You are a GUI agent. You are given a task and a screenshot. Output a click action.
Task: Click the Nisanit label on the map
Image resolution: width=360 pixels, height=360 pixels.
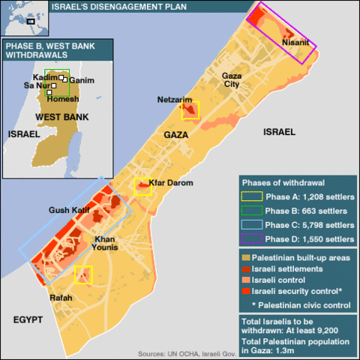click(295, 43)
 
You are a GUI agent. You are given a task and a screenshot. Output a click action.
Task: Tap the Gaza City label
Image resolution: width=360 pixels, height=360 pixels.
click(232, 80)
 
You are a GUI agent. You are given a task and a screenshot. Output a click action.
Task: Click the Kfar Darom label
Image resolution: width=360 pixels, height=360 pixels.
click(171, 183)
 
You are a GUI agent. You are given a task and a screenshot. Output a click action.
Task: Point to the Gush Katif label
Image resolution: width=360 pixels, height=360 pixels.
click(69, 210)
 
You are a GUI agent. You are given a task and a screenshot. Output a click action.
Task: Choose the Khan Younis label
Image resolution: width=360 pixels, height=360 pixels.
click(104, 244)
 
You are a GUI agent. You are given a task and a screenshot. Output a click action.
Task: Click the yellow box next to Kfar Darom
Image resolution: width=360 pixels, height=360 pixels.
click(142, 187)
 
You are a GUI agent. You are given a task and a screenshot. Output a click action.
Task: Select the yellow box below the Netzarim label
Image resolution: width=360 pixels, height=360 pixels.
click(190, 111)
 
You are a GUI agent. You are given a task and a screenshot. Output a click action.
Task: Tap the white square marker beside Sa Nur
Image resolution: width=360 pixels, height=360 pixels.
click(49, 92)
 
